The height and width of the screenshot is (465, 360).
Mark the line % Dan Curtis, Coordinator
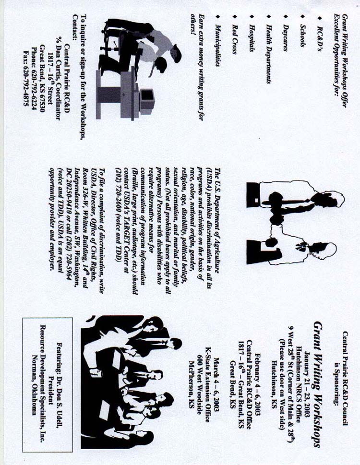[59, 78]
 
